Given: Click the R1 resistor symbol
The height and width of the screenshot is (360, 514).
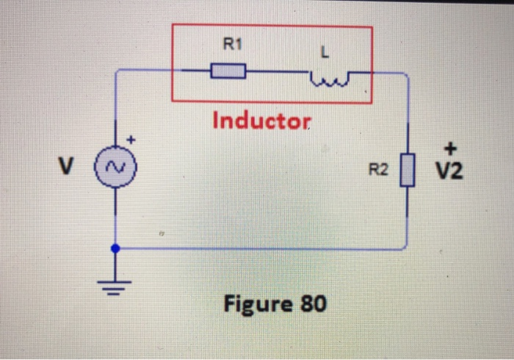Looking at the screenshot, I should coord(228,71).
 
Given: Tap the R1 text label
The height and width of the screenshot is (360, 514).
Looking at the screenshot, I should coord(231,46).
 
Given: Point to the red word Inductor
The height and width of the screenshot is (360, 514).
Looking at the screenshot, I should coord(262,120).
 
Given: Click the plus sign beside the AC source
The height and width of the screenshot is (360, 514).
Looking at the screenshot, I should coord(133,139).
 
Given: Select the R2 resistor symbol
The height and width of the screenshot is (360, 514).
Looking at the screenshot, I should coord(407,170).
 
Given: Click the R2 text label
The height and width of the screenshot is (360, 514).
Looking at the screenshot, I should coord(378,172).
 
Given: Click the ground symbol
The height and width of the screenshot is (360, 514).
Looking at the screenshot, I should coord(115,284).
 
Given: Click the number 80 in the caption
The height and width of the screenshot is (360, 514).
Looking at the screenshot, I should coord(312,303).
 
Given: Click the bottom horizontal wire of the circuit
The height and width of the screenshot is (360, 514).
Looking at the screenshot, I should coord(257,249).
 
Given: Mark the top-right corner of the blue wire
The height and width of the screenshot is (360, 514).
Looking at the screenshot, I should coord(406,73).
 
